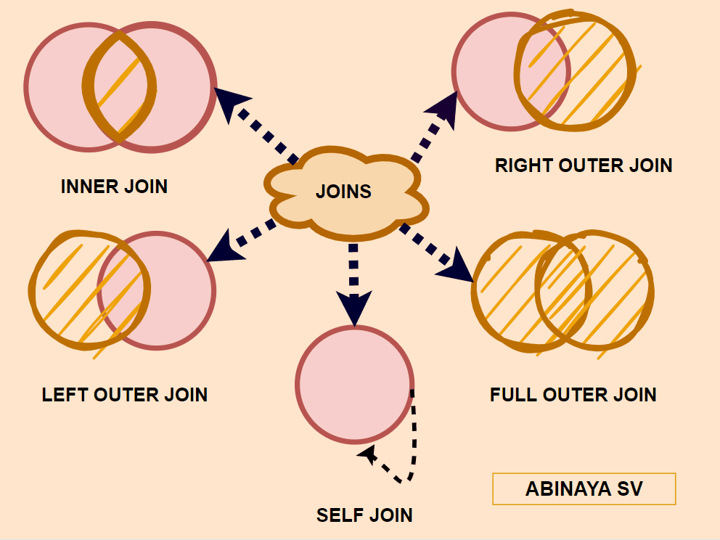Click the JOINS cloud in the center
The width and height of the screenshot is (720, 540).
point(343,192)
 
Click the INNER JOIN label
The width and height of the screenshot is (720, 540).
point(114,187)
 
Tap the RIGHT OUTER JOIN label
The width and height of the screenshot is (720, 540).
point(584,165)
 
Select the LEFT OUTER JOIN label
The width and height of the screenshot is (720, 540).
point(125,395)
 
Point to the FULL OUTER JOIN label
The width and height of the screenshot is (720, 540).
point(573,395)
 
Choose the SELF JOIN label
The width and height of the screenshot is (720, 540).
point(364,515)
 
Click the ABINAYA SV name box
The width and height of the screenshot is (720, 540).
point(584,488)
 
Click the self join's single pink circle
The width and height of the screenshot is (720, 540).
point(354,384)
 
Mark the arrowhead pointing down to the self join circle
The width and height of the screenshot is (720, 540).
point(353,308)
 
